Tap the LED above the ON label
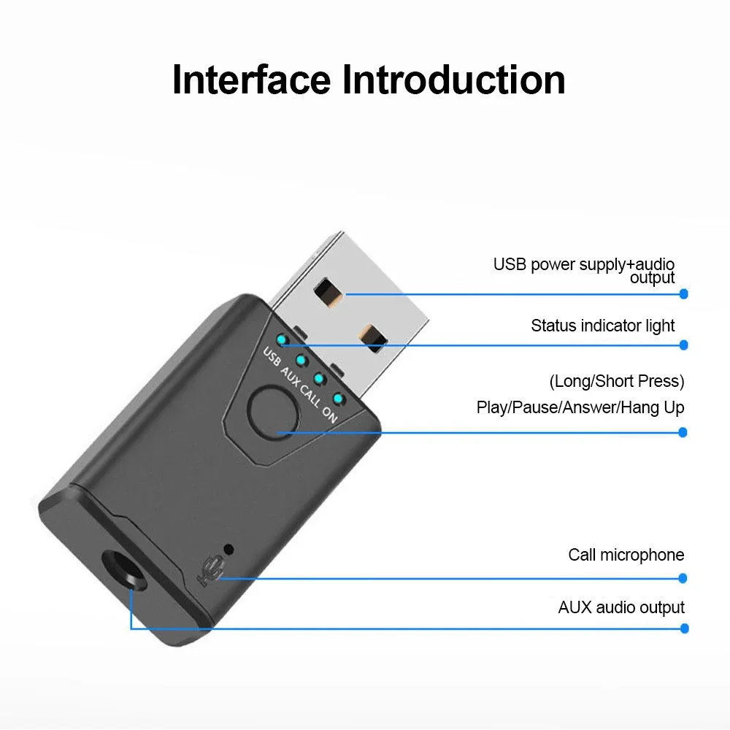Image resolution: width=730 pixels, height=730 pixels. (x=338, y=397)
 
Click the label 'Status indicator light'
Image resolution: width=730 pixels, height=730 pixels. (x=603, y=326)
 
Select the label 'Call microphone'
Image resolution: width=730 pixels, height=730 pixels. (x=626, y=555)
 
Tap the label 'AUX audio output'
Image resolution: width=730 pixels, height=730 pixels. (x=621, y=607)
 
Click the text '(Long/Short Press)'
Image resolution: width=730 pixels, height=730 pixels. (x=617, y=381)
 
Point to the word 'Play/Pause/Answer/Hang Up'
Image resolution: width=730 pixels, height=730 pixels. (x=580, y=407)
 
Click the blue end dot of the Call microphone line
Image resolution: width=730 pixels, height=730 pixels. (x=683, y=577)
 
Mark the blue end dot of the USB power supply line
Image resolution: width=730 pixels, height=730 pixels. (x=684, y=293)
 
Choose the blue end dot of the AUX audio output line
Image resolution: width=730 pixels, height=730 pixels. (x=684, y=629)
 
